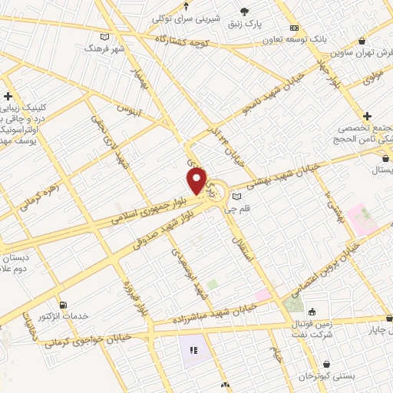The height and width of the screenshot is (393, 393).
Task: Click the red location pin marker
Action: (197, 180)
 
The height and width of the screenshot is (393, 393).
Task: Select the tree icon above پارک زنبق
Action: (245, 11)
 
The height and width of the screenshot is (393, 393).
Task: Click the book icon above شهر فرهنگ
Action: (105, 36)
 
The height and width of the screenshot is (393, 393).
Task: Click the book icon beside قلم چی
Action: (236, 196)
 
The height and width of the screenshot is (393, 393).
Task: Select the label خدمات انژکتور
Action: (64, 316)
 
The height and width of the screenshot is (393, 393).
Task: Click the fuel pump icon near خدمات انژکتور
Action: (63, 304)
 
